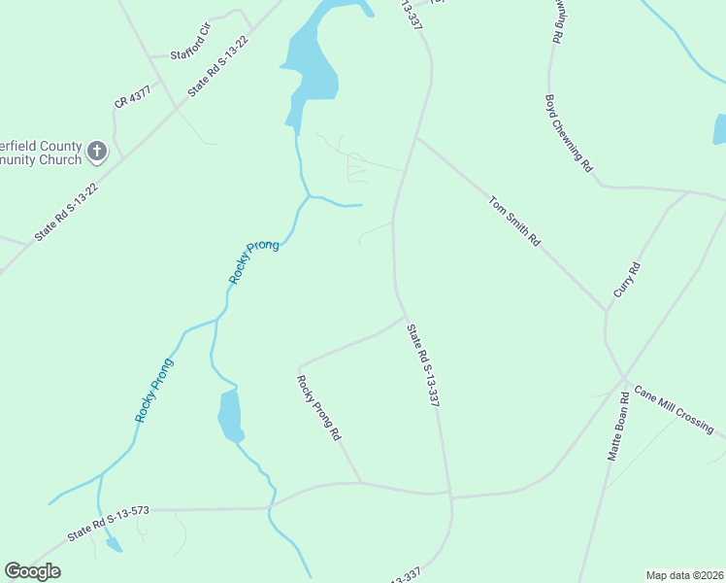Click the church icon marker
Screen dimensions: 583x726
pyautogui.click(x=96, y=151)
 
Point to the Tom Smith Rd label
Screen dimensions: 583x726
pyautogui.click(x=513, y=222)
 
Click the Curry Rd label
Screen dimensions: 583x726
pyautogui.click(x=628, y=280)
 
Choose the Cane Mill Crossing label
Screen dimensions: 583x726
pyautogui.click(x=674, y=409)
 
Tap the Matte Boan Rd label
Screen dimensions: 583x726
pyautogui.click(x=618, y=427)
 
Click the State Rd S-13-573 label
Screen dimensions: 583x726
pyautogui.click(x=108, y=524)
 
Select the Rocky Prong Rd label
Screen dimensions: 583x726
pyautogui.click(x=319, y=408)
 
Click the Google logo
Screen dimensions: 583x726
pyautogui.click(x=32, y=571)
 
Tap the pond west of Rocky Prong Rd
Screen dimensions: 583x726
pyautogui.click(x=229, y=415)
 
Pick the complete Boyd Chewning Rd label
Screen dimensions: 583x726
pyautogui.click(x=569, y=133)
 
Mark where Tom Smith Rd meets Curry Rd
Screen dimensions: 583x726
pyautogui.click(x=608, y=311)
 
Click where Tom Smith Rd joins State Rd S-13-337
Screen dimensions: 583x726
pyautogui.click(x=416, y=139)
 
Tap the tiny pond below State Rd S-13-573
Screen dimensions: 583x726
pyautogui.click(x=114, y=545)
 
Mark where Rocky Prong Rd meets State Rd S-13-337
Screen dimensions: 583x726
pyautogui.click(x=406, y=316)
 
